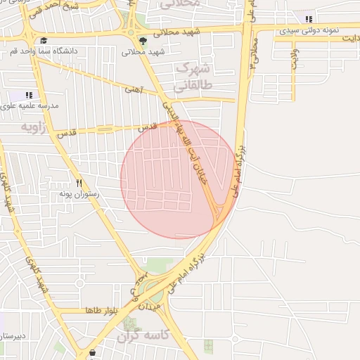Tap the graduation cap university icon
click(x=44, y=41)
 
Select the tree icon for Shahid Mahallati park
click(x=143, y=41)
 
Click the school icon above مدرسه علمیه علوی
click(x=29, y=95)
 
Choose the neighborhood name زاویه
click(x=36, y=127)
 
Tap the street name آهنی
click(x=133, y=90)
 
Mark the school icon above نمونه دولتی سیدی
click(x=309, y=20)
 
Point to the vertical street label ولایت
click(x=294, y=59)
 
